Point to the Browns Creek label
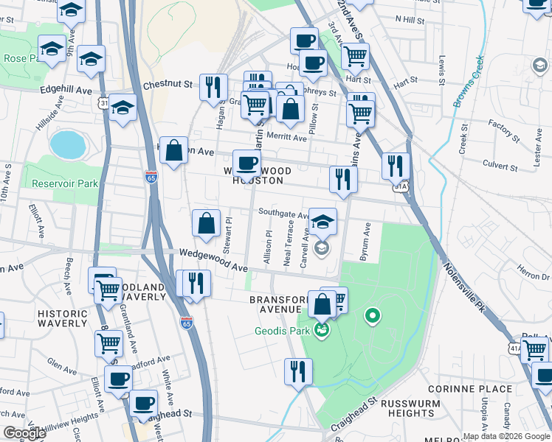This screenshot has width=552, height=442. pyautogui.click(x=468, y=83)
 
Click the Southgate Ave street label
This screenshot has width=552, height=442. pyautogui.click(x=283, y=214)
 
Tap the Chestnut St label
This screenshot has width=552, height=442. pyautogui.click(x=168, y=85)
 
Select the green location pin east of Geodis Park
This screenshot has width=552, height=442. pyautogui.click(x=373, y=318)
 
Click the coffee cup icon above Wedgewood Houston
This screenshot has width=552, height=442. pyautogui.click(x=246, y=163)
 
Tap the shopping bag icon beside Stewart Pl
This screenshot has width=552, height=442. pyautogui.click(x=206, y=223)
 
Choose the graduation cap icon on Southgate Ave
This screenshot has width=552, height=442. pyautogui.click(x=322, y=221)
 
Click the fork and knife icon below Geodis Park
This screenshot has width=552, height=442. pyautogui.click(x=298, y=371)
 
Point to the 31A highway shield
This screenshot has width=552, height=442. pyautogui.click(x=401, y=187)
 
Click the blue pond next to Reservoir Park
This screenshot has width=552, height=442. pyautogui.click(x=68, y=144)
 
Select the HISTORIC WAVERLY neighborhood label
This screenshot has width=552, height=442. pyautogui.click(x=62, y=319)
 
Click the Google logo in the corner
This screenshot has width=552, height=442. pyautogui.click(x=24, y=433)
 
